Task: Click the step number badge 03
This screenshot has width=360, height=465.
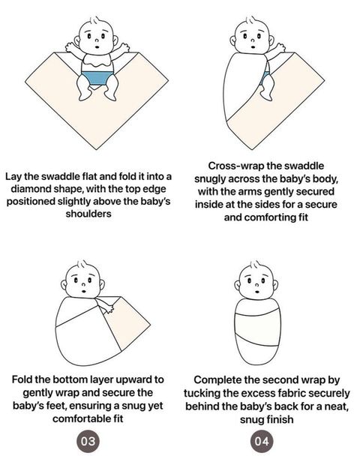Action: (x=88, y=441)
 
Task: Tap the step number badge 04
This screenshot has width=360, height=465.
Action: (x=262, y=441)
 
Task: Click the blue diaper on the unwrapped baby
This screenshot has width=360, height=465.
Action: (x=97, y=78)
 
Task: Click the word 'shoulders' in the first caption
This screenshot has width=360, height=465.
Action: (x=88, y=214)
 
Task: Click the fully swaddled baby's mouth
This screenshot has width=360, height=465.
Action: (x=257, y=292)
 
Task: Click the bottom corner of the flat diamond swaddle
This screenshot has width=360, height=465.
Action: (x=97, y=149)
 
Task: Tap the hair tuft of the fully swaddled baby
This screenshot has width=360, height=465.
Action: (x=255, y=264)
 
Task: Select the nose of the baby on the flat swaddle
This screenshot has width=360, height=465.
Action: (x=96, y=40)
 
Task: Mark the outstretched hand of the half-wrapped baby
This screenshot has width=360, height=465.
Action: (x=280, y=47)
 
